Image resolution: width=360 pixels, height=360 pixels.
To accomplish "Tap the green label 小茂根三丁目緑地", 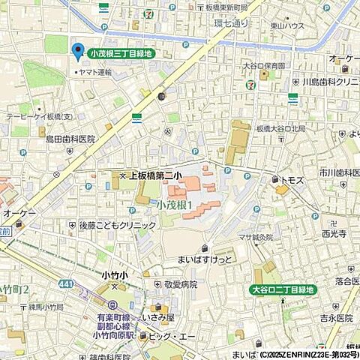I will point(121,53).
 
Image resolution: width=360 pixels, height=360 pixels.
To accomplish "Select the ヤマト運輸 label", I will point(96,72).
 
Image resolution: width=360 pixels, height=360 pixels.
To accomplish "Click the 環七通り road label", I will point(230,23).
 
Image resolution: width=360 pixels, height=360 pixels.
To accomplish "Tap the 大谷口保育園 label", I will point(263,65).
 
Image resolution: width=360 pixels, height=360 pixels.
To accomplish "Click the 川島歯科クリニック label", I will point(328,81).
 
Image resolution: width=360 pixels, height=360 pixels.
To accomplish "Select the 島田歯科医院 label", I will point(70,139).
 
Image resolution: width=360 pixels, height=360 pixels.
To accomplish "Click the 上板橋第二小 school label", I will point(155,175).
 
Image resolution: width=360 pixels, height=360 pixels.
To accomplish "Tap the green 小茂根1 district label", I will point(175,204).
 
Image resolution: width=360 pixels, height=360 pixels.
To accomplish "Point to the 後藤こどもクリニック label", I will point(107,225).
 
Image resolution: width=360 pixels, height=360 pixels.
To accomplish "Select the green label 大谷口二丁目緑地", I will point(283,289).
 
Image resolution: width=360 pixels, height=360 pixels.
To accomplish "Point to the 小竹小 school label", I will point(115,275).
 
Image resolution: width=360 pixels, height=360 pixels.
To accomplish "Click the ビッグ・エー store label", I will point(177,337).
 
